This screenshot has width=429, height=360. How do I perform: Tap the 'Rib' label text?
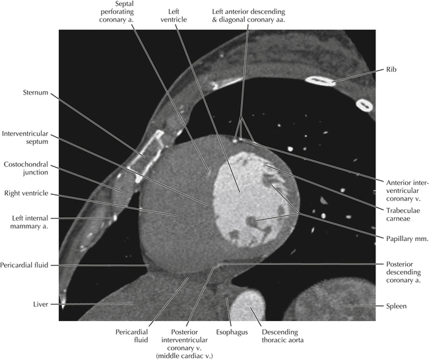[x=394, y=69]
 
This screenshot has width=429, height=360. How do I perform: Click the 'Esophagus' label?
[x=231, y=332]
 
